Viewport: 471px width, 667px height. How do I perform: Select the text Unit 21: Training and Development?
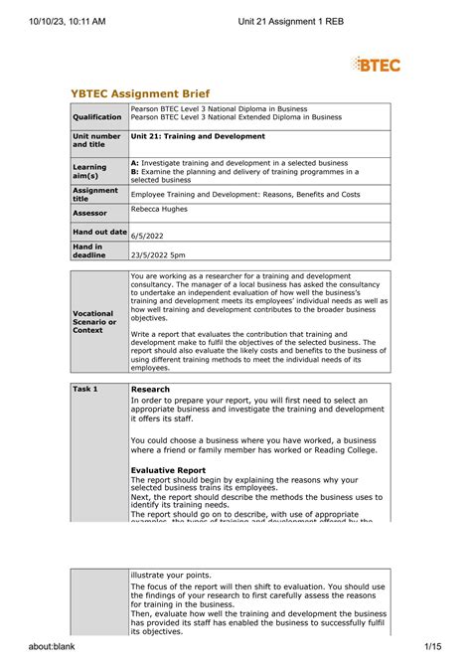click(x=194, y=135)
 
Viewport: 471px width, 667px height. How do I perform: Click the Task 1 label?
click(x=87, y=389)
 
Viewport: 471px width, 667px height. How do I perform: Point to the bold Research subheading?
click(x=150, y=389)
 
